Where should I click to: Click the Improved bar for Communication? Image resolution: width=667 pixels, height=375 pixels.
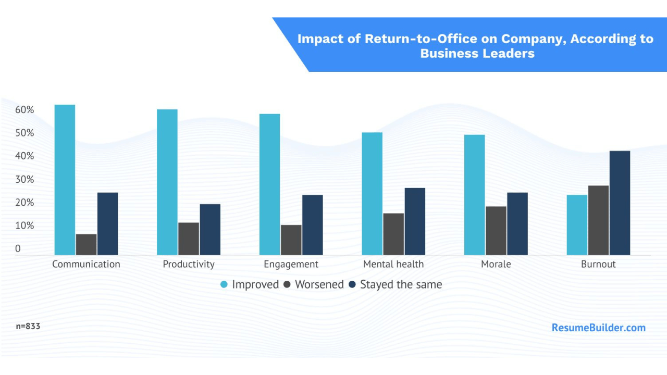pyautogui.click(x=65, y=180)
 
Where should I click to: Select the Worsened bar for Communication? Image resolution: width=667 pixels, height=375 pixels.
pyautogui.click(x=86, y=245)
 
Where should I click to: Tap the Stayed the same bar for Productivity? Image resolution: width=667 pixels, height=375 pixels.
pyautogui.click(x=210, y=230)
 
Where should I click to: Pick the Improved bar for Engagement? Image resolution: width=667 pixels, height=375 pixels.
pyautogui.click(x=269, y=184)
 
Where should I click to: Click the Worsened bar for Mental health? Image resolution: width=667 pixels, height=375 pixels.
pyautogui.click(x=393, y=234)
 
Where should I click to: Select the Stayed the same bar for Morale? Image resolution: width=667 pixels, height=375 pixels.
pyautogui.click(x=517, y=224)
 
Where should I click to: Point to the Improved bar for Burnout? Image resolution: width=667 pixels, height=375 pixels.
pyautogui.click(x=577, y=225)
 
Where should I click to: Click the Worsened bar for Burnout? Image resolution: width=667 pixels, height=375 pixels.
pyautogui.click(x=598, y=220)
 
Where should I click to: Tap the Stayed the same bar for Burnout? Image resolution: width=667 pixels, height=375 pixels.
pyautogui.click(x=620, y=203)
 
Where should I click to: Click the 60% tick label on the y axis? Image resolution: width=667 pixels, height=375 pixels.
pyautogui.click(x=24, y=110)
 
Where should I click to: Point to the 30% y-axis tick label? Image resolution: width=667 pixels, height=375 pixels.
pyautogui.click(x=24, y=180)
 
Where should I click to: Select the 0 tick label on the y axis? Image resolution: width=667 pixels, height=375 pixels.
pyautogui.click(x=18, y=249)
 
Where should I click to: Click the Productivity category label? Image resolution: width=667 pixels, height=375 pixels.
pyautogui.click(x=189, y=264)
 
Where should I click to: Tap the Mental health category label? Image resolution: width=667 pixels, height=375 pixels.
pyautogui.click(x=393, y=264)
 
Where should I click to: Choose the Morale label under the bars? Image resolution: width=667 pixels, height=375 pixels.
pyautogui.click(x=496, y=264)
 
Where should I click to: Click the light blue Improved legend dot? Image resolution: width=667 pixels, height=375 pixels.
pyautogui.click(x=224, y=284)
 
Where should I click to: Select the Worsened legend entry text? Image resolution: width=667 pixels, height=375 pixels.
pyautogui.click(x=319, y=284)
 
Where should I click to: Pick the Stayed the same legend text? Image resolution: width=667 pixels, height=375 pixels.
pyautogui.click(x=401, y=284)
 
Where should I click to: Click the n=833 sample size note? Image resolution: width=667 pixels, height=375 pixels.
pyautogui.click(x=28, y=327)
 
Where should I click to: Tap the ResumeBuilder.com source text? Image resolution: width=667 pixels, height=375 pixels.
pyautogui.click(x=599, y=328)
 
